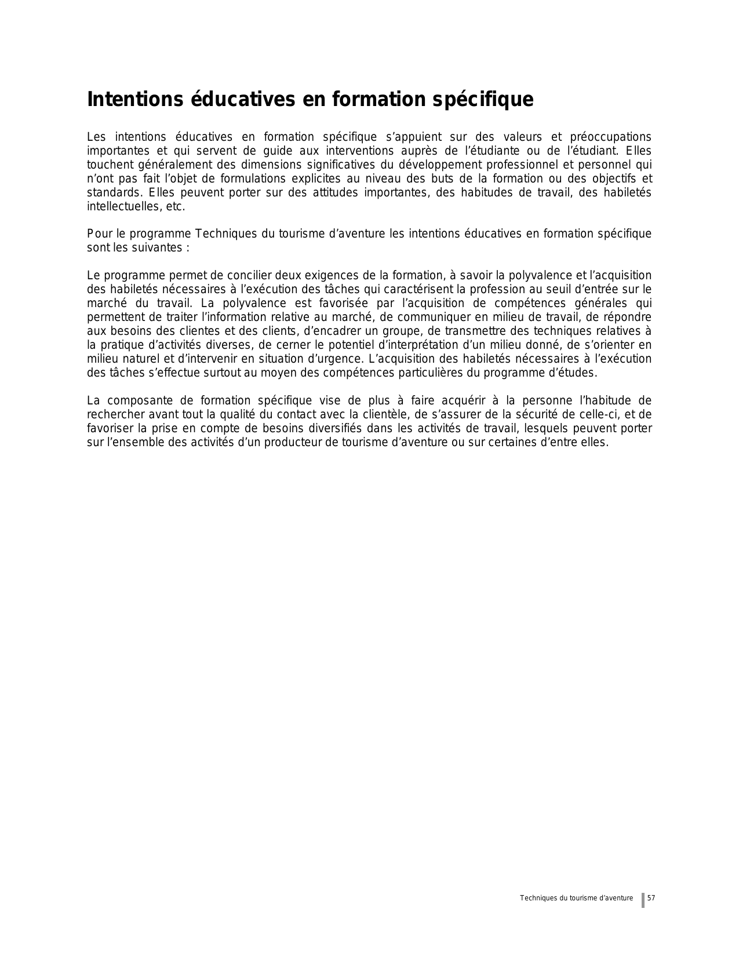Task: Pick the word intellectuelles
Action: click(119, 207)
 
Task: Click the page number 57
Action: click(651, 898)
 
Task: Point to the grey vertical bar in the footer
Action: click(643, 900)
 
